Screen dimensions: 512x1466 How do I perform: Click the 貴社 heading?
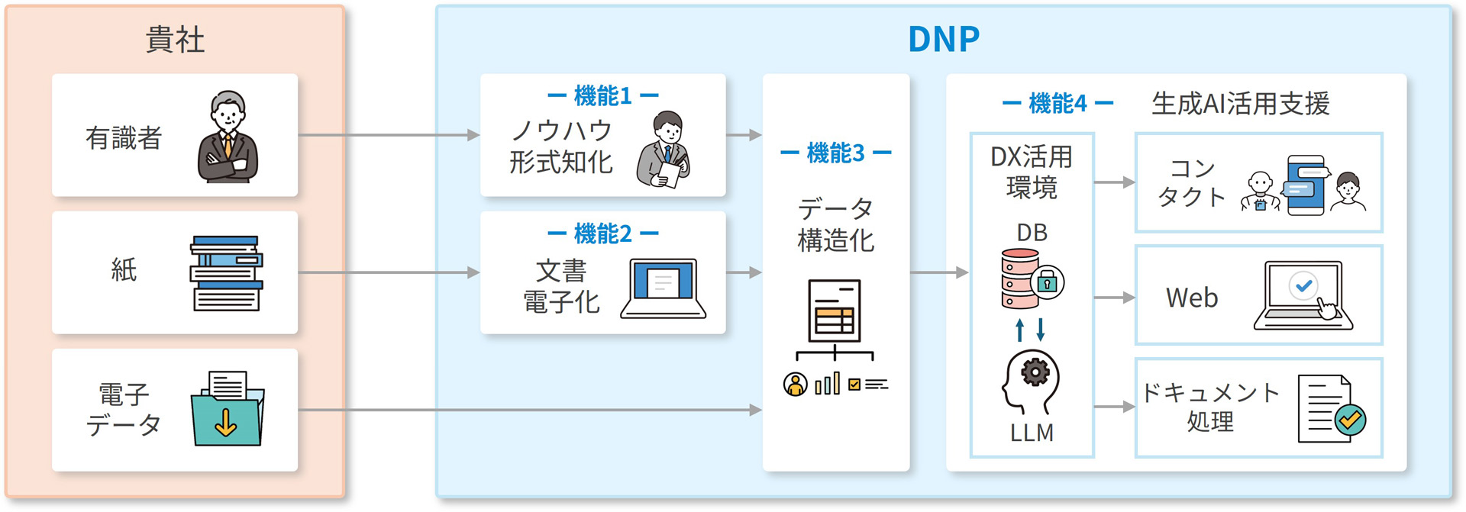175,40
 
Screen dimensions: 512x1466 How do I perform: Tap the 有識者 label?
124,138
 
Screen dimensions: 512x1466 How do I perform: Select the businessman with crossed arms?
228,137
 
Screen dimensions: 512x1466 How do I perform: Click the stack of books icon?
226,273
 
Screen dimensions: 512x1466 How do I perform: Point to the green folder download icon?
227,409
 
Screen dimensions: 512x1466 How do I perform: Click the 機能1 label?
602,96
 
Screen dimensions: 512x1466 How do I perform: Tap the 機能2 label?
602,233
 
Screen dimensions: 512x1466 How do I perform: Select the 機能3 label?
835,153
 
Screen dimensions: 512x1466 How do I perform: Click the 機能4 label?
1058,103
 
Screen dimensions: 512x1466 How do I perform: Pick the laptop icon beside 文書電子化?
663,288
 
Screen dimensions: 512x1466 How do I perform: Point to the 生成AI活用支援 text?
1240,103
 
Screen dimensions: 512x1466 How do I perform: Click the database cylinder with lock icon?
1031,279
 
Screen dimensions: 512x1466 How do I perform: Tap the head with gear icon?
1031,382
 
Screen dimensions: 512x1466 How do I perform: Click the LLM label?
1032,433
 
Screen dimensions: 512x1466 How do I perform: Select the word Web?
1191,298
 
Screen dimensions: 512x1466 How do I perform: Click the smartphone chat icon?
1307,185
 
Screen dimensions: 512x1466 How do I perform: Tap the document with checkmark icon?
1331,409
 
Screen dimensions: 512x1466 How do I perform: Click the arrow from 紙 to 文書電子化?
389,272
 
